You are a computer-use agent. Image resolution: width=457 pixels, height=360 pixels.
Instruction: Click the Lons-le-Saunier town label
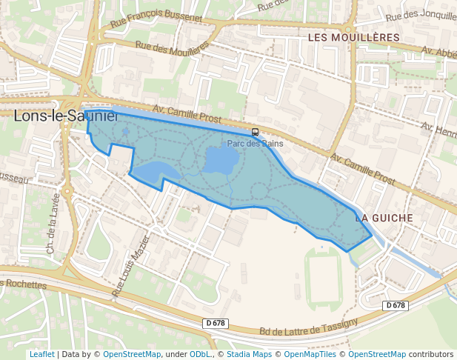click(x=65, y=116)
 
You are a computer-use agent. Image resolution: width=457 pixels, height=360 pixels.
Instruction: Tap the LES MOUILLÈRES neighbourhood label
click(x=353, y=37)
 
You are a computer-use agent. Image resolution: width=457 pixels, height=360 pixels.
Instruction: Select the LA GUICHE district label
click(x=382, y=219)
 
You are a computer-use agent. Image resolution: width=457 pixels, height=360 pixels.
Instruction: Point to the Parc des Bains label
click(x=255, y=144)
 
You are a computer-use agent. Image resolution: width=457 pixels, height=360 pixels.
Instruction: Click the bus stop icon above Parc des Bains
click(x=256, y=132)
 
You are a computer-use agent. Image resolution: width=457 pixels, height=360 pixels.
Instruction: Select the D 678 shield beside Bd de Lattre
click(x=214, y=324)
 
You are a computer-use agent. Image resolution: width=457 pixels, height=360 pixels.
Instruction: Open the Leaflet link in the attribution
click(x=41, y=354)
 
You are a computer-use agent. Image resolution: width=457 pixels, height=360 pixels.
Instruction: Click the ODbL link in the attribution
click(x=201, y=354)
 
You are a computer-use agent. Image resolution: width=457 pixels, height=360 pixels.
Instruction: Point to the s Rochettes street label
click(x=24, y=284)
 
